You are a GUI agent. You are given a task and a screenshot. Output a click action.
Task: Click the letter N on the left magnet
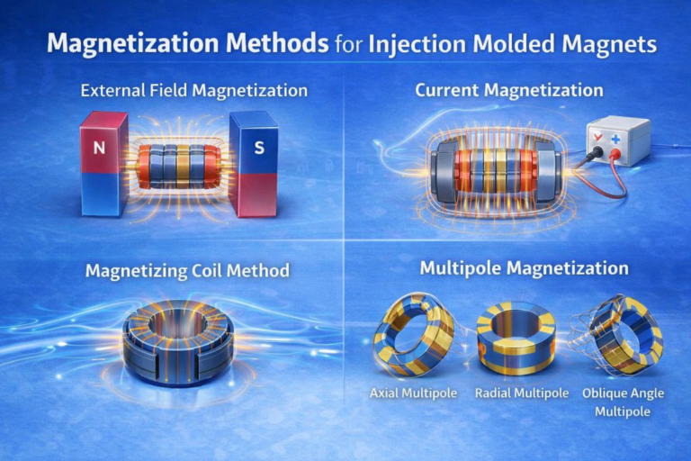96,144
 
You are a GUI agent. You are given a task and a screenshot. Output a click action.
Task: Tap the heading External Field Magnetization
193,91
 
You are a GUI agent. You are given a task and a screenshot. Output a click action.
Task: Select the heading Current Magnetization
508,91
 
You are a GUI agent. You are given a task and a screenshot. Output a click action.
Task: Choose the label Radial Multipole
512,393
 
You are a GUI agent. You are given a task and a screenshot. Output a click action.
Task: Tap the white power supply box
617,142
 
